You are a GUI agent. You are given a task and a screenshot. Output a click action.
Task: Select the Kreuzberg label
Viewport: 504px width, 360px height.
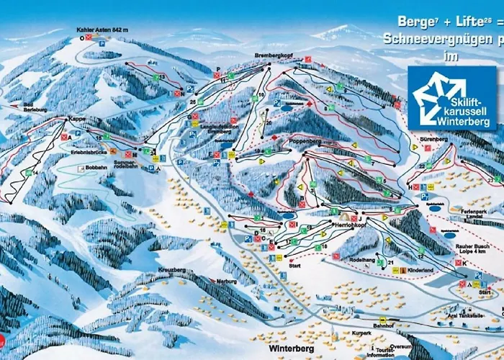pyautogui.click(x=169, y=269)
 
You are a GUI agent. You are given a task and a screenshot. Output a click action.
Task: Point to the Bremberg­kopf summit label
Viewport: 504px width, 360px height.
pyautogui.click(x=271, y=55)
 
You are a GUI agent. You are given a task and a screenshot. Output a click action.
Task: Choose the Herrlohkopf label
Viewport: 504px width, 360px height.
pyautogui.click(x=352, y=225)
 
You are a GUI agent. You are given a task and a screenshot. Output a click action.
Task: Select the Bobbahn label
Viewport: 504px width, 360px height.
pyautogui.click(x=96, y=167)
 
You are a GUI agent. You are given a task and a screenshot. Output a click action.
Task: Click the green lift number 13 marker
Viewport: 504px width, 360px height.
pyautogui.click(x=162, y=76)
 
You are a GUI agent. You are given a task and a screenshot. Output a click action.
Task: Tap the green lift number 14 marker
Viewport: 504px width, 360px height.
pyautogui.click(x=34, y=173)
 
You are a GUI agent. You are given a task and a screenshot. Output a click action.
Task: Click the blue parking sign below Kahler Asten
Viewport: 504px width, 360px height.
pyautogui.click(x=102, y=42)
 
